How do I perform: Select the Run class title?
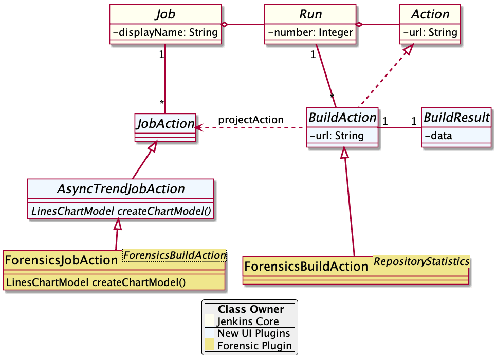(x=310, y=14)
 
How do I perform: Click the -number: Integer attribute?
(x=310, y=33)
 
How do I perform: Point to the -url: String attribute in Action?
(x=430, y=33)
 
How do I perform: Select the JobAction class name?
(x=164, y=123)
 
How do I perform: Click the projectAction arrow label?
(x=251, y=120)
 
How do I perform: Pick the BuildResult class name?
(x=455, y=118)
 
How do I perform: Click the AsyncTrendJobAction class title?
(x=120, y=188)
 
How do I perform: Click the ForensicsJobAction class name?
(x=61, y=260)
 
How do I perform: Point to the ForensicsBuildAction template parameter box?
(x=174, y=255)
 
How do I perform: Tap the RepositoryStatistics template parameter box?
(x=421, y=261)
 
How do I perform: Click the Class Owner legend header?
(x=250, y=309)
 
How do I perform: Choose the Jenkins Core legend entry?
(x=248, y=321)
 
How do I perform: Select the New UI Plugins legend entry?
(x=253, y=333)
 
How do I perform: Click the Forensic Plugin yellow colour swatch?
(x=209, y=346)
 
